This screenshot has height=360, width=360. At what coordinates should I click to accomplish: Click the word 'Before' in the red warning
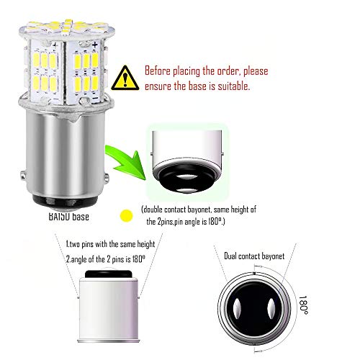(159, 72)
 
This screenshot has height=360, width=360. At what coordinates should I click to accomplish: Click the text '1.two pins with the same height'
(110, 244)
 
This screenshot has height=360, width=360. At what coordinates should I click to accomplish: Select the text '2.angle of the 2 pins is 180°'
(110, 258)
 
